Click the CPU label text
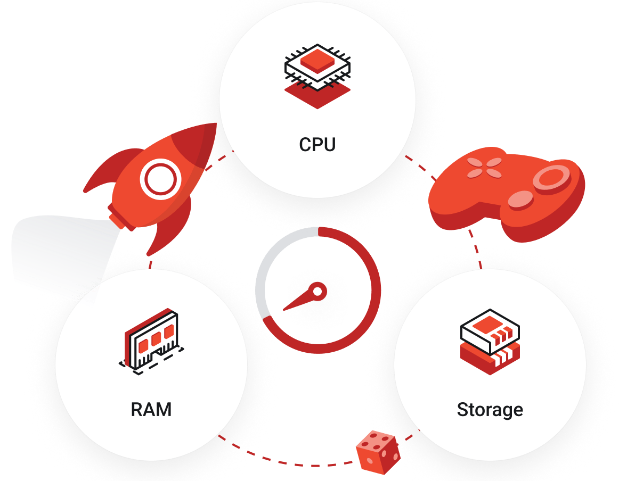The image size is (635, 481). [x=318, y=144]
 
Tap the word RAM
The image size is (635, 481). [x=151, y=410]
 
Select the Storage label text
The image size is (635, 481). [x=490, y=410]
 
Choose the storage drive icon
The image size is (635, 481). [x=490, y=341]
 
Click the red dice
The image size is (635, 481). [x=378, y=452]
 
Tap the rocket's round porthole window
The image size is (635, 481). [x=158, y=179]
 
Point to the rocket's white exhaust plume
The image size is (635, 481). [x=53, y=250]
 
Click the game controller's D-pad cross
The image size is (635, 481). [x=484, y=167]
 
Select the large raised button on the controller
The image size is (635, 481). [x=551, y=176]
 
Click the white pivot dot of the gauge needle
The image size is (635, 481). [x=318, y=291]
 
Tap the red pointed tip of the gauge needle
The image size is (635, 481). [x=286, y=308]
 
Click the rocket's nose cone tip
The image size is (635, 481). [x=214, y=126]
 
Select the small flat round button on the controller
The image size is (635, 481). [x=519, y=200]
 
